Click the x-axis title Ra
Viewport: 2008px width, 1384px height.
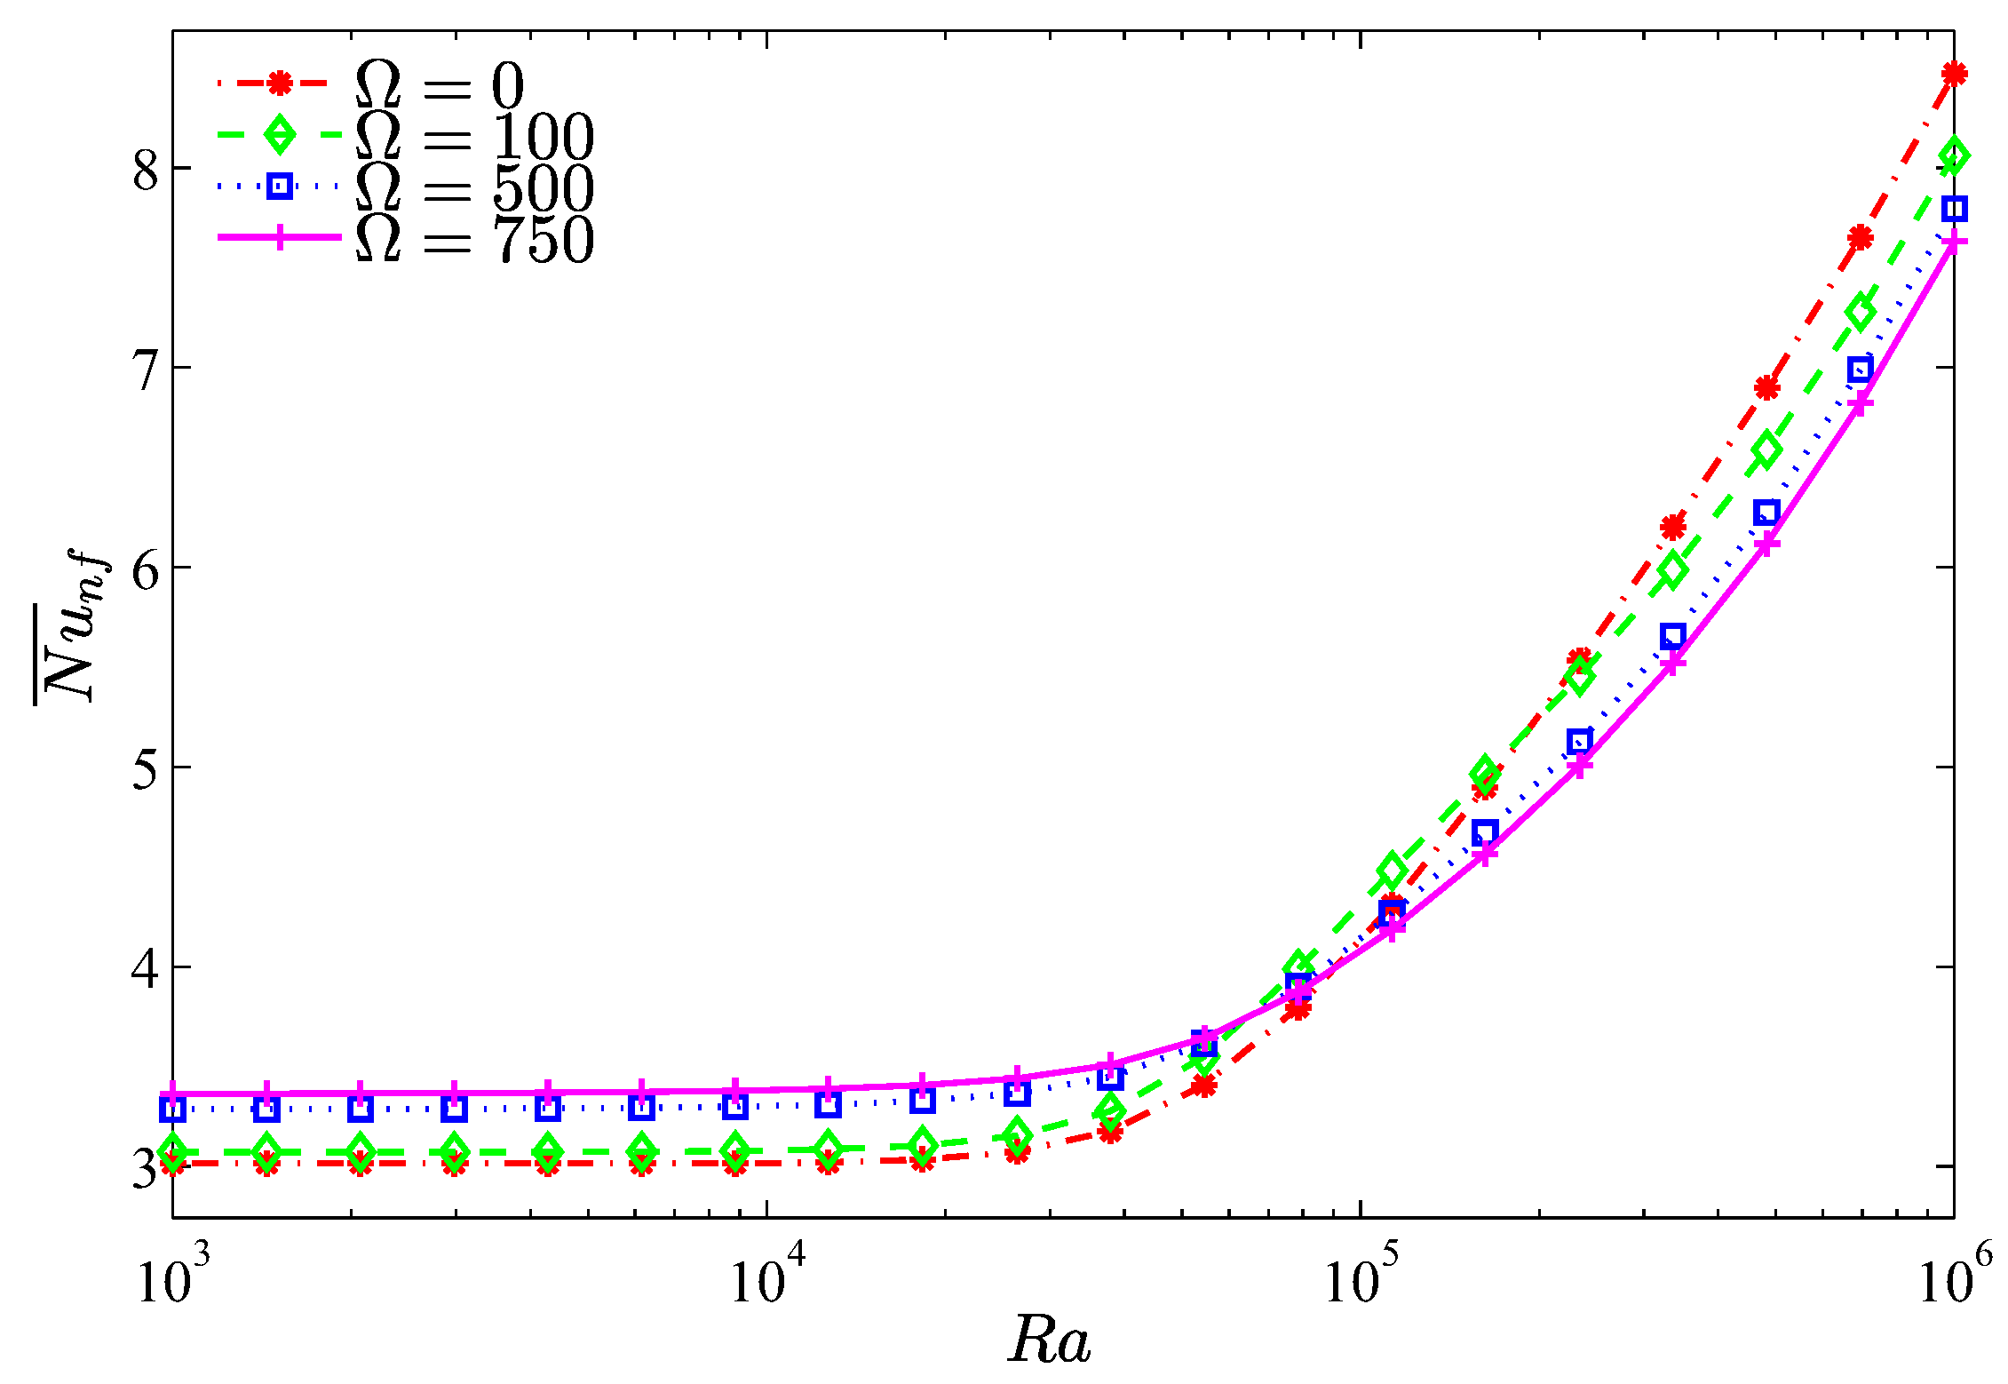[1049, 1340]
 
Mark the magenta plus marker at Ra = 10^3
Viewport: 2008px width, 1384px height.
[174, 1094]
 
